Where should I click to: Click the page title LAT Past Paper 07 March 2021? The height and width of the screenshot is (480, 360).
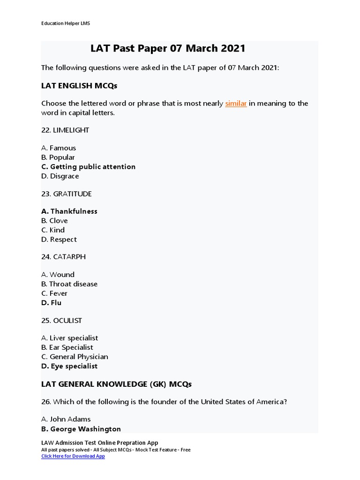click(x=168, y=49)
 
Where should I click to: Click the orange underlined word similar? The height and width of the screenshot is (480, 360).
click(x=236, y=103)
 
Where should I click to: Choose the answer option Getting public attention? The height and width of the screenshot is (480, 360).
click(x=92, y=166)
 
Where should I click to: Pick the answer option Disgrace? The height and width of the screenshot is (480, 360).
click(x=64, y=176)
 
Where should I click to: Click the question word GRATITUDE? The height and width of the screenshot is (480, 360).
click(x=72, y=194)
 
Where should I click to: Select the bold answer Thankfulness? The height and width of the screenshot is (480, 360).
click(x=74, y=211)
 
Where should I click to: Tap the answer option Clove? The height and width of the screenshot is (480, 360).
click(x=58, y=220)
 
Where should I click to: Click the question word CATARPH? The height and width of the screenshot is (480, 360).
click(x=69, y=257)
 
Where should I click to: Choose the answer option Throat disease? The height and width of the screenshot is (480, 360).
click(x=73, y=284)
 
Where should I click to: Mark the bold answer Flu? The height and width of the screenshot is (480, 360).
click(x=56, y=302)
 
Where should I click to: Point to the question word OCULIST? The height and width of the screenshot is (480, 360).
click(x=67, y=320)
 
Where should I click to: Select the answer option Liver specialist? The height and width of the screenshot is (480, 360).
click(x=74, y=337)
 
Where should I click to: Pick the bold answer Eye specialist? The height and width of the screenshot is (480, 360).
click(x=74, y=366)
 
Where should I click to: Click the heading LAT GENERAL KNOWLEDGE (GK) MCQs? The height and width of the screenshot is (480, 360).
click(x=116, y=384)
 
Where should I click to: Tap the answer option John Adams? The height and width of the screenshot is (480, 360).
click(x=70, y=419)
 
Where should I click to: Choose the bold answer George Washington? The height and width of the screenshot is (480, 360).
click(x=85, y=428)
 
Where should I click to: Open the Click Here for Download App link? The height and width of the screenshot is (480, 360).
click(x=73, y=456)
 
